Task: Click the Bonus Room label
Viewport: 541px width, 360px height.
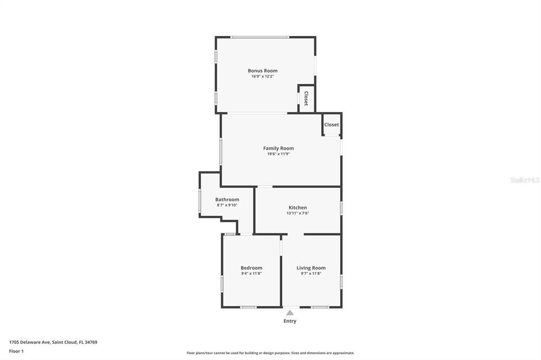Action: coord(263,71)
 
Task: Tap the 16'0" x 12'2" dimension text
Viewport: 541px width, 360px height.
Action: coord(263,77)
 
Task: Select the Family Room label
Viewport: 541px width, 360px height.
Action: coord(278,148)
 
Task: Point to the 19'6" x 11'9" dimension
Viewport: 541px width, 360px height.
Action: coord(278,154)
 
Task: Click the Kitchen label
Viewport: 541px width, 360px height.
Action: coord(297,207)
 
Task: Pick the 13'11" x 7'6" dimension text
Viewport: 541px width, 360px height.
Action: coord(297,213)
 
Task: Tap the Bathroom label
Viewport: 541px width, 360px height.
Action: coord(227,200)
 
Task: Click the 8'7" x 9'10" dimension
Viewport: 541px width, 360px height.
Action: coord(227,205)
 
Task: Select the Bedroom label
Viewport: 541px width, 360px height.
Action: coord(251,268)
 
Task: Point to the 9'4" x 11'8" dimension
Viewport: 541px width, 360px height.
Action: coord(251,273)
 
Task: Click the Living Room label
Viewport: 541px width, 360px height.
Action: coord(311,268)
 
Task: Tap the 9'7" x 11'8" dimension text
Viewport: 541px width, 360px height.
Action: coord(311,273)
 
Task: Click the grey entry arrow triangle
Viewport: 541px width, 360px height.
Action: coord(290,313)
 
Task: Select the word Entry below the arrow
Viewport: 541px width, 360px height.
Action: coord(290,321)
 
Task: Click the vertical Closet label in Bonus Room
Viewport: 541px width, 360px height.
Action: coord(306,99)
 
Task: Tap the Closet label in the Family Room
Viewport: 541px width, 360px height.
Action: coord(332,125)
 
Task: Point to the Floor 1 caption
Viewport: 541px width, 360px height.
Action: coord(16,351)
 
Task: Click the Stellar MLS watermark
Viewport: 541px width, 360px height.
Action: coord(525,180)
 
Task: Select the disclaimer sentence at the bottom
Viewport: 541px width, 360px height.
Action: coord(270,353)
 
